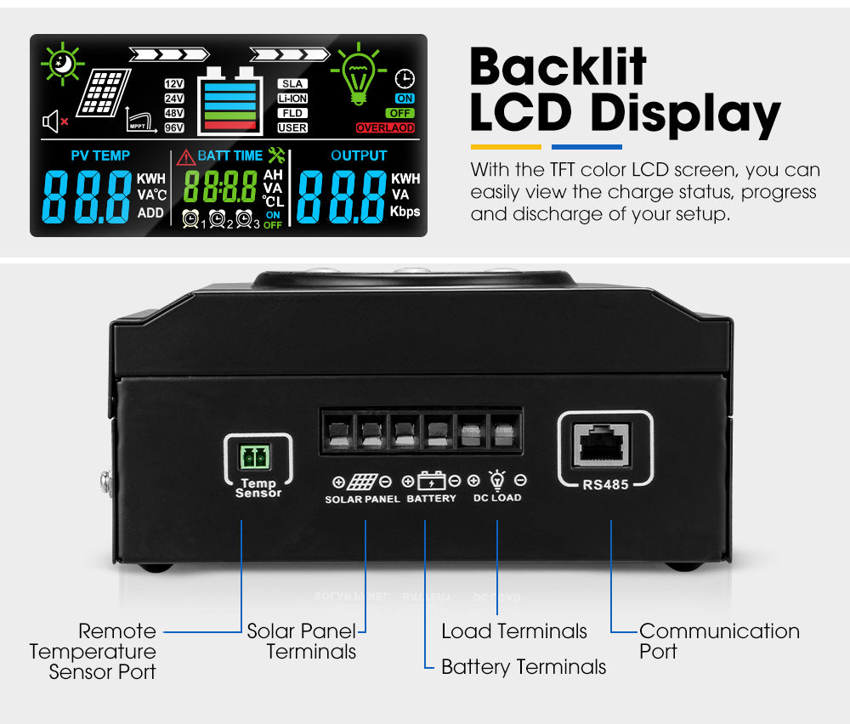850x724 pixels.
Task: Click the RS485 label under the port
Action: pos(603,486)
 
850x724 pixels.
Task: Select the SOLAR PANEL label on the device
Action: pos(362,499)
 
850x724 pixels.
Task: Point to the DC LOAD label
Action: pos(497,498)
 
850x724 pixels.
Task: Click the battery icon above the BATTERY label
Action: pos(432,481)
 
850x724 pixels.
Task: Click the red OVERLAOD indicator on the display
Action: pos(385,128)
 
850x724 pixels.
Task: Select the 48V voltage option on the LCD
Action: pos(174,113)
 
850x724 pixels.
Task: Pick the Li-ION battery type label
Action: pos(292,99)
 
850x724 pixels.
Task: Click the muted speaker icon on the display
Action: pos(54,122)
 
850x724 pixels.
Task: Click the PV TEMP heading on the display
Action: pos(100,156)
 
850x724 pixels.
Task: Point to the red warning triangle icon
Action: pos(185,157)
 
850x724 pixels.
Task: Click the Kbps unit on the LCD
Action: pos(405,212)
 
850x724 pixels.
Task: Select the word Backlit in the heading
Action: pos(558,67)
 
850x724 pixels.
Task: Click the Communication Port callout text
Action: pos(719,642)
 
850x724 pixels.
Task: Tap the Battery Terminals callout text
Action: pos(524,667)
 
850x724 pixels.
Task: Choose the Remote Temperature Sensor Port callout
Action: pos(93,651)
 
